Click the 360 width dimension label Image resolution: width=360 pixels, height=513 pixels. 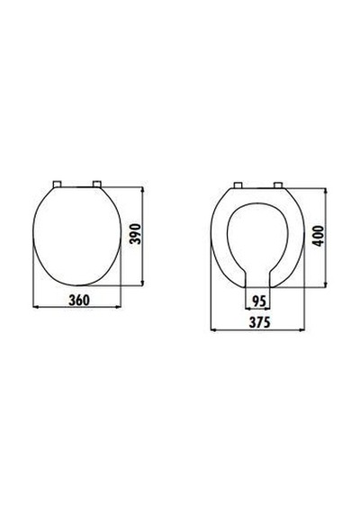coord(79,300)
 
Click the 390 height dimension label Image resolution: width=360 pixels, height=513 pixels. coord(135,234)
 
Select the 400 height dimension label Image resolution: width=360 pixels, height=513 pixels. coord(318,236)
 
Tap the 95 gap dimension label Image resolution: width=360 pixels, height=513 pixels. coord(258,301)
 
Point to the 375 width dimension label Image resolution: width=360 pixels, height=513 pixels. coord(260,322)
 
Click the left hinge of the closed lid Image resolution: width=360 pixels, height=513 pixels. coord(58,184)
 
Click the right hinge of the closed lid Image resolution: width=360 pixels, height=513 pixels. coord(97,184)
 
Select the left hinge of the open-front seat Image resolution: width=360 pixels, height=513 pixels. coord(238,185)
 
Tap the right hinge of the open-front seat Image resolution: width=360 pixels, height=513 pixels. coord(278,185)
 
